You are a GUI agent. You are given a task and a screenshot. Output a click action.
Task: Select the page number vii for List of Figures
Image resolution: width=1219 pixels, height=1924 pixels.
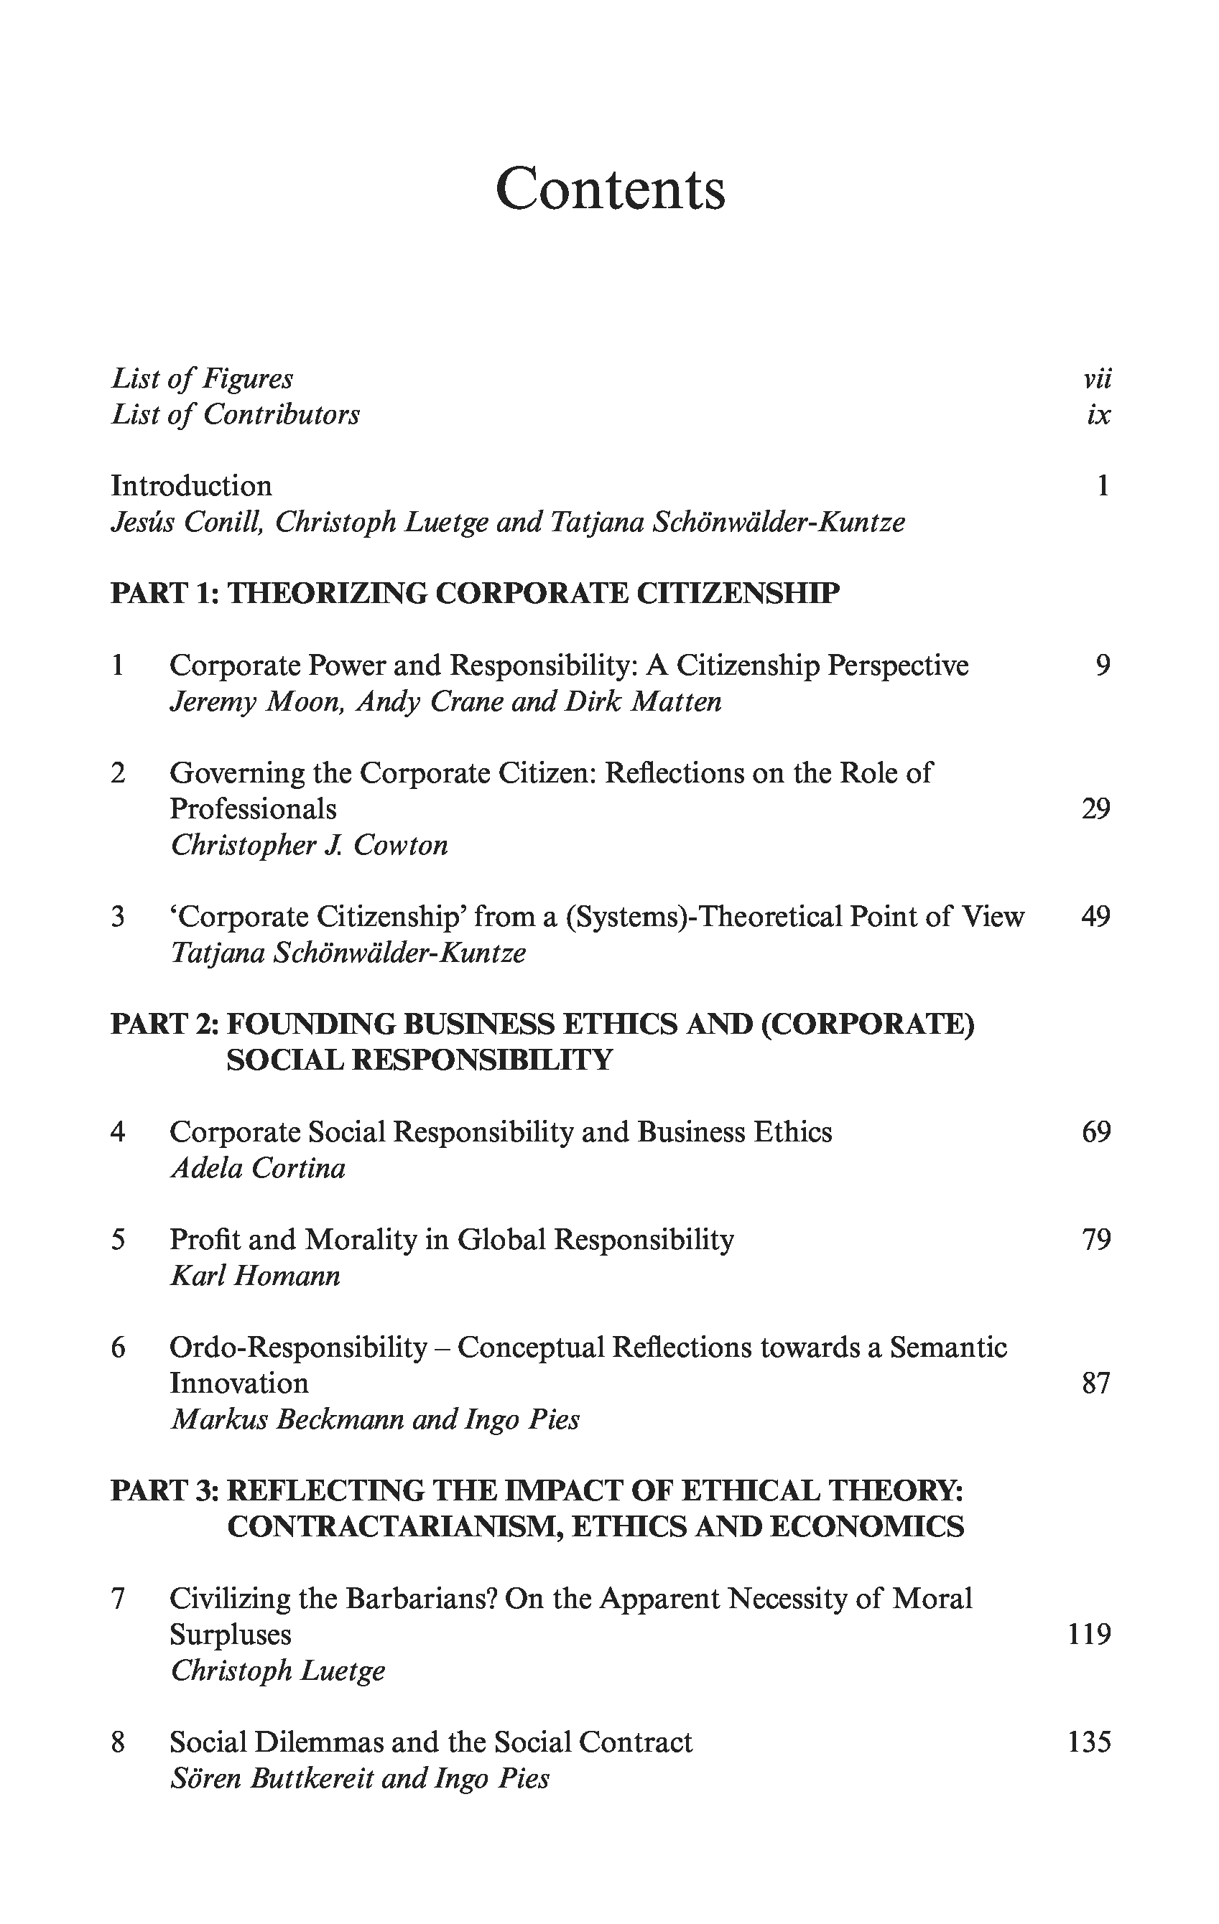[x=1098, y=378]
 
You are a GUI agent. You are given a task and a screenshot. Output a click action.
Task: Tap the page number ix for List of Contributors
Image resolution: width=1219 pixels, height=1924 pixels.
[x=1098, y=415]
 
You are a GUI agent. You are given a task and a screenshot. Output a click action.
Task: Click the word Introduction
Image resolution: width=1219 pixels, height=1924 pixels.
[x=191, y=486]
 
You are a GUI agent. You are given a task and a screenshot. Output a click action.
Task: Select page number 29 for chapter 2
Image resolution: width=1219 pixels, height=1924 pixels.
[x=1096, y=808]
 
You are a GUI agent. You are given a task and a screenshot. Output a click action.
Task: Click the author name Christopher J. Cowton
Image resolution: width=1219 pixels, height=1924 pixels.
[x=310, y=844]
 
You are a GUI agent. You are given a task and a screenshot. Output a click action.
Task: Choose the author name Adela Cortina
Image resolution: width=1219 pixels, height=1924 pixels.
[x=258, y=1168]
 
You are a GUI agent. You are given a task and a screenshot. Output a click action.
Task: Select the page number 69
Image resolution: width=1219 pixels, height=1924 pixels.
[x=1096, y=1132]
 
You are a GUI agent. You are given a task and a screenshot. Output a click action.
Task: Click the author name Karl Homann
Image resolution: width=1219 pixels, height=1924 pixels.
[x=256, y=1276]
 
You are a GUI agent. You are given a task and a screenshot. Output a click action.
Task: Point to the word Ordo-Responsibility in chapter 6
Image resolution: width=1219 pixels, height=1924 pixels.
[x=298, y=1347]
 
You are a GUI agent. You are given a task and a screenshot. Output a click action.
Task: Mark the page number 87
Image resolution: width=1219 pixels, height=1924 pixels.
[x=1096, y=1383]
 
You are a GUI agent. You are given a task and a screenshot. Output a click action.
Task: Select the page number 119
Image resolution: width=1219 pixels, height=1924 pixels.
[x=1090, y=1634]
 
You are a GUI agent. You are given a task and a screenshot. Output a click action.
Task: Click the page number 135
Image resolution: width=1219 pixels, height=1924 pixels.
[x=1090, y=1742]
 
